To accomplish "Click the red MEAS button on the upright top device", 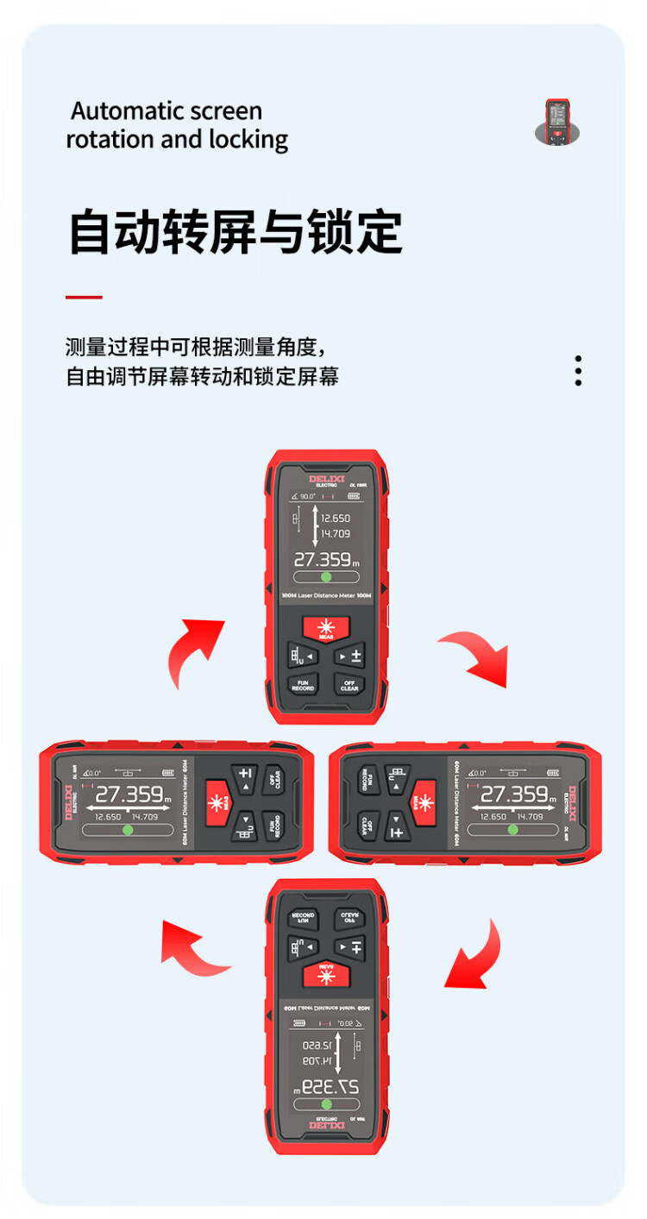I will (326, 629).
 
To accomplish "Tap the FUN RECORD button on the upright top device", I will (303, 685).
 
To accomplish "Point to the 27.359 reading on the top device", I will (323, 559).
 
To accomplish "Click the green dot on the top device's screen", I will (326, 577).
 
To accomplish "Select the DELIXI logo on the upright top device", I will (325, 479).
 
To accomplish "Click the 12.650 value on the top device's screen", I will (336, 518).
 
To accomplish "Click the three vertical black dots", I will (578, 370).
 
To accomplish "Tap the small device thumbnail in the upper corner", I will (556, 122).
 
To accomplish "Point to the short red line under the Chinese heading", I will (84, 297).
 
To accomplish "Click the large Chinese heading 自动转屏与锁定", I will (235, 231).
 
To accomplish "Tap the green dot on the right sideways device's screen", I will (513, 829).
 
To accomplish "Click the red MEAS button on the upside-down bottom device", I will (326, 975).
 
